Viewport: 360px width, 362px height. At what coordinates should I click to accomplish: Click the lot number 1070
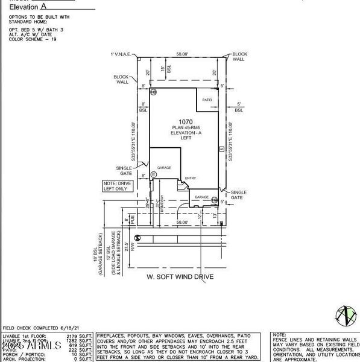tap(185, 122)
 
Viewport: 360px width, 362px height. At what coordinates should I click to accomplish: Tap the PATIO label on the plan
tap(206, 100)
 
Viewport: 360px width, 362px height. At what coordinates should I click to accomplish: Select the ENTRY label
tap(191, 178)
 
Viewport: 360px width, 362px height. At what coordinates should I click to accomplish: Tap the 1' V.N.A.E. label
tap(120, 55)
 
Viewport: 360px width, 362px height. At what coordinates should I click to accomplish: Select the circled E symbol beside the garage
tap(153, 174)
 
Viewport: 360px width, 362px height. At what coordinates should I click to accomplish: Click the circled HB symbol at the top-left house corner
tap(154, 92)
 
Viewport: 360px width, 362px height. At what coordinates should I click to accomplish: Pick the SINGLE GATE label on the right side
tap(238, 194)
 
